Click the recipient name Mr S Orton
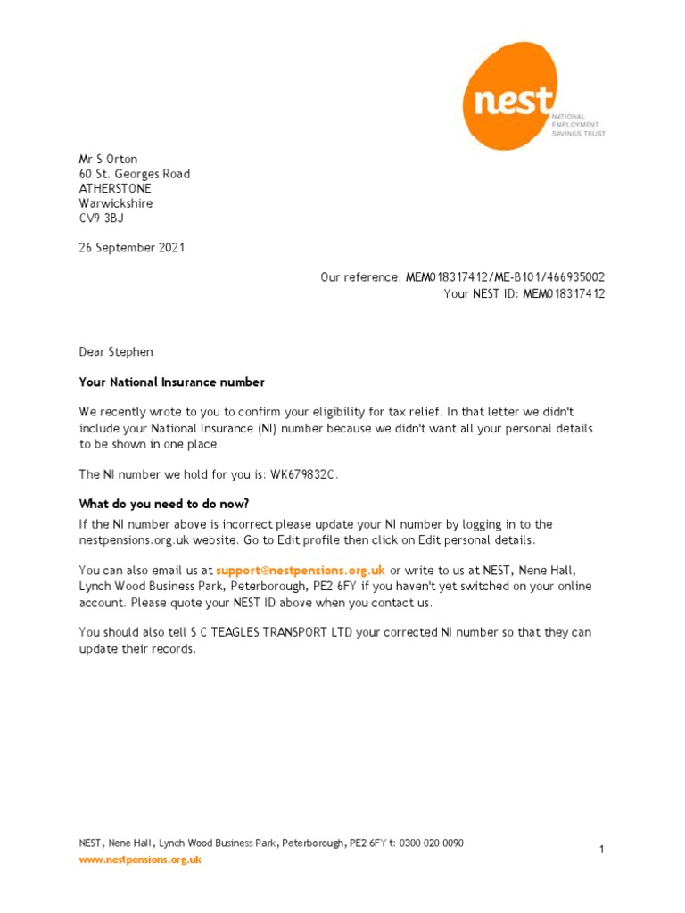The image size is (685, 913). click(108, 160)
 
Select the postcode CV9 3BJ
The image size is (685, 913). click(102, 218)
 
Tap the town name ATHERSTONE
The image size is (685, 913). click(115, 189)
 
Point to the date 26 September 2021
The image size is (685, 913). click(132, 248)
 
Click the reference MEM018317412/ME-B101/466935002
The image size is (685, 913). click(505, 278)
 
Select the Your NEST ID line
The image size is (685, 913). click(524, 293)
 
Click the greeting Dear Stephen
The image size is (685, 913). click(116, 352)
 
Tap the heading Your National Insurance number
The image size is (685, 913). click(171, 382)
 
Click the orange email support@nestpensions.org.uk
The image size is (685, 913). click(300, 569)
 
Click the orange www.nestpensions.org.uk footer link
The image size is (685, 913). click(140, 860)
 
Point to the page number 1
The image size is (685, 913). click(602, 850)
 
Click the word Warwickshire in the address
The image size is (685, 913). click(115, 203)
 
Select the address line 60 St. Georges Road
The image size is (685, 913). click(134, 174)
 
